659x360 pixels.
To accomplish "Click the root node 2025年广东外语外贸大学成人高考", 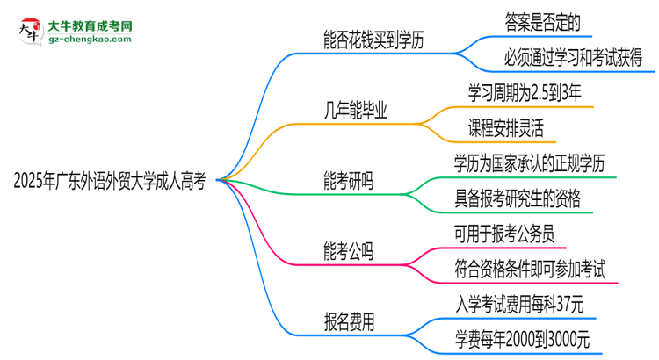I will click(x=110, y=181).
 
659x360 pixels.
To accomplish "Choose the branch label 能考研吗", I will click(x=349, y=181).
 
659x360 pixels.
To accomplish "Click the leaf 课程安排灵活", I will click(x=506, y=128).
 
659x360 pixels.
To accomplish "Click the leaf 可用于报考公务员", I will click(x=504, y=234).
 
